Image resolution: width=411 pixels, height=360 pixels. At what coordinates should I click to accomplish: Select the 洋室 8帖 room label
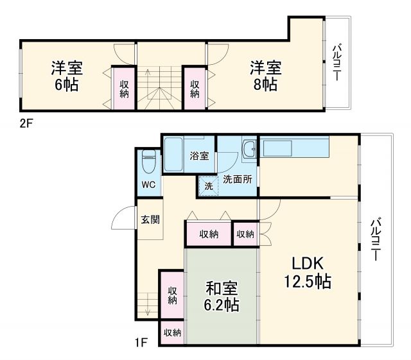click(265, 76)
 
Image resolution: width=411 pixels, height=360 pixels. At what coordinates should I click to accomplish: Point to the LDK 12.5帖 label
click(308, 272)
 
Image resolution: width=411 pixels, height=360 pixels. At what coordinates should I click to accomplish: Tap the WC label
click(149, 185)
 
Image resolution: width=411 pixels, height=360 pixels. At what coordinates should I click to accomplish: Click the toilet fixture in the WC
click(148, 161)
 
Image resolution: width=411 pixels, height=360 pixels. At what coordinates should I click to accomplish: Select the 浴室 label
click(199, 155)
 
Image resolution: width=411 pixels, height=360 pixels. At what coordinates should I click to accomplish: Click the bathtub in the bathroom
click(173, 153)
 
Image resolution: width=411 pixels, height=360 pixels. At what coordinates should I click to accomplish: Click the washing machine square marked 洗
click(208, 186)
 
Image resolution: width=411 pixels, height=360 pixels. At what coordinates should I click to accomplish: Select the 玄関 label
click(150, 219)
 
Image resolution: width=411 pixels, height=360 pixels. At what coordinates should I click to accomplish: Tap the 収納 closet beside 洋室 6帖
click(124, 85)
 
